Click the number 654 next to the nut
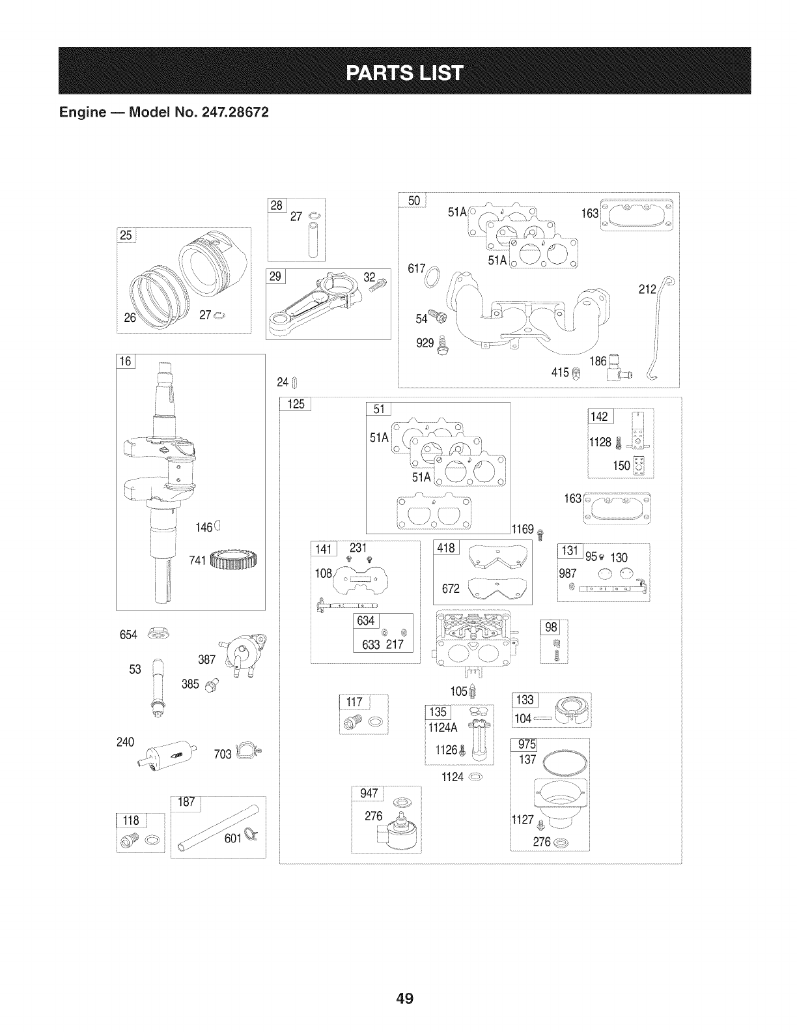click(129, 635)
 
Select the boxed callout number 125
click(296, 404)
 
